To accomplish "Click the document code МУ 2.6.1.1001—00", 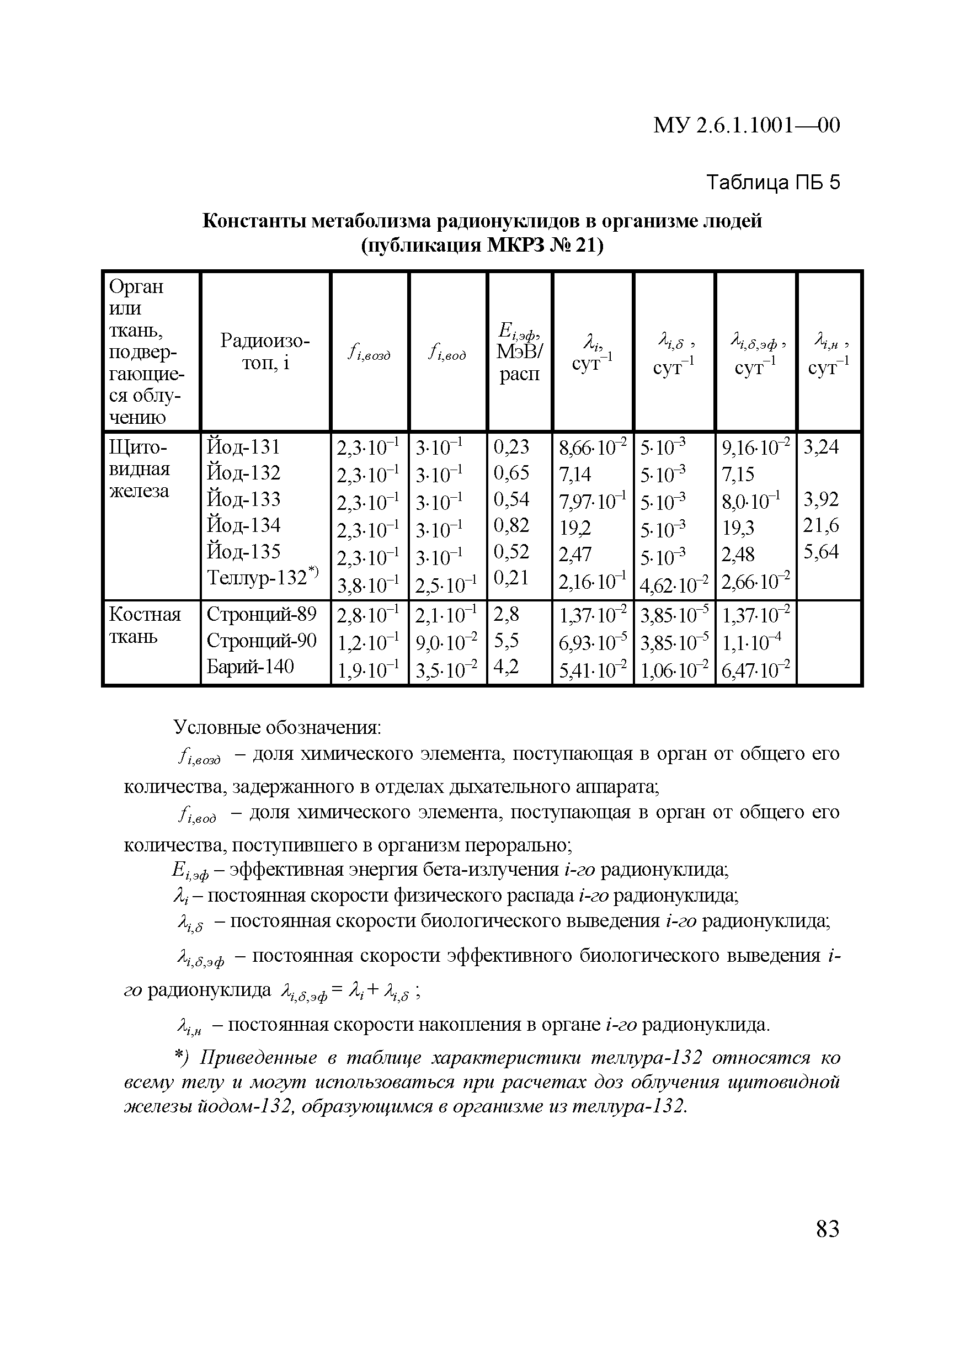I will pyautogui.click(x=747, y=125).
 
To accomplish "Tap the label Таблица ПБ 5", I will pyautogui.click(x=772, y=182).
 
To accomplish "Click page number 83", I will pyautogui.click(x=827, y=1229).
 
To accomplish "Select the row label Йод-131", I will pyautogui.click(x=243, y=446).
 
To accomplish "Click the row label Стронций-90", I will pyautogui.click(x=261, y=641).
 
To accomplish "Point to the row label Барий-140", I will pyautogui.click(x=250, y=667).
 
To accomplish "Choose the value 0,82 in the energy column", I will pyautogui.click(x=511, y=525).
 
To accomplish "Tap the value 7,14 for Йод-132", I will pyautogui.click(x=574, y=474).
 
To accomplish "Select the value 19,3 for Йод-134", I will pyautogui.click(x=738, y=527).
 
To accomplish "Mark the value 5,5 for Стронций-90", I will pyautogui.click(x=506, y=641).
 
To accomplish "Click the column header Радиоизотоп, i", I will pyautogui.click(x=265, y=352).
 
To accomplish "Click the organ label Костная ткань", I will pyautogui.click(x=145, y=626).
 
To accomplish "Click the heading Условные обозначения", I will pyautogui.click(x=277, y=727).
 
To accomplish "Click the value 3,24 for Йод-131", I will pyautogui.click(x=821, y=446).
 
